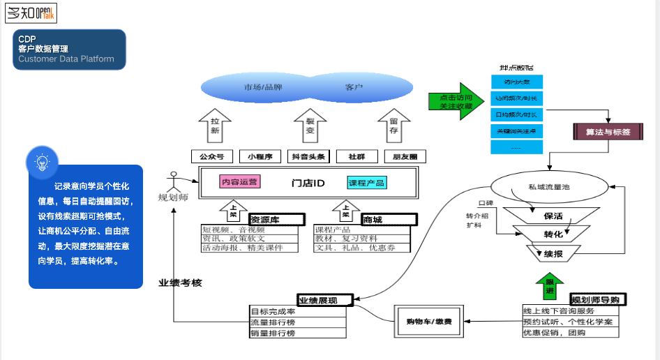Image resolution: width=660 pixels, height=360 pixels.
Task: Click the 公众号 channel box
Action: pos(211,156)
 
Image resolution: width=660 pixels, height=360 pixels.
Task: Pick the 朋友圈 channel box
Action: pos(405,156)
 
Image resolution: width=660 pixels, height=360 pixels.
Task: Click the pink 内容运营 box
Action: pos(239,182)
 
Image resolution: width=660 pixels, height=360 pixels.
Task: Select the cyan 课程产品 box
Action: pos(367,183)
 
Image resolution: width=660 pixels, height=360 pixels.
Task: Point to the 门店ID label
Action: pos(308,183)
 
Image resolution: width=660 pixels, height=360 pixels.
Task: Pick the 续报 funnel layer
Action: pos(553,253)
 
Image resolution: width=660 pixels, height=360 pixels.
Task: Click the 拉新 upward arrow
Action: pos(215,126)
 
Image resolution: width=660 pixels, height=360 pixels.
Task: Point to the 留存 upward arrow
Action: pos(393,126)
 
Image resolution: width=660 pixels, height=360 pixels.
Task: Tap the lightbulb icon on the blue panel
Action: pos(41,163)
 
